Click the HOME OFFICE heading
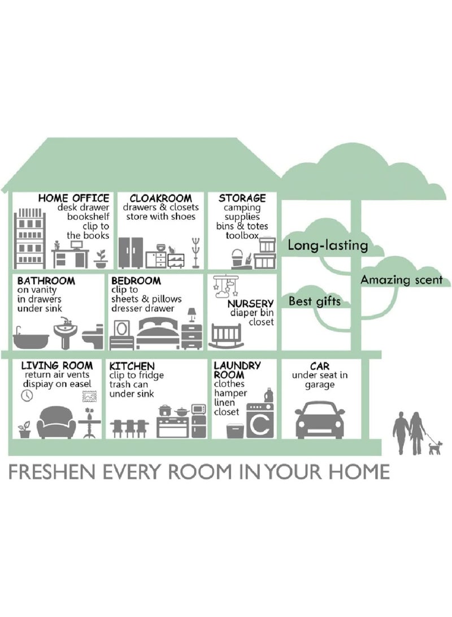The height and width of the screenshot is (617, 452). pos(74,198)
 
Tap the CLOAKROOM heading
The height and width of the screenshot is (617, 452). pos(161,198)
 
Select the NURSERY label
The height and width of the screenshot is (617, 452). pos(250,303)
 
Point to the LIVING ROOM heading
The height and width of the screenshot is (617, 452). pos(57,365)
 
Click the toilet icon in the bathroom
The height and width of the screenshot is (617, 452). pos(93,337)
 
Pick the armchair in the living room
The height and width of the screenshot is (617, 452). pos(56,422)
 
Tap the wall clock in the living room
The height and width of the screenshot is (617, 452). pos(27,395)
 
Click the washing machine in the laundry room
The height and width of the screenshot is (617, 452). pos(260,420)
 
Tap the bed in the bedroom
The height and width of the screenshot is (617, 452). pos(159,334)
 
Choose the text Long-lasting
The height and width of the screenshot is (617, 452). pos(328,245)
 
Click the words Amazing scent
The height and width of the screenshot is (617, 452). pos(402,280)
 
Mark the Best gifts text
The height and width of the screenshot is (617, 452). pos(315,302)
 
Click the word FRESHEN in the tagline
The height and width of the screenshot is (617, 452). pos(51,472)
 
